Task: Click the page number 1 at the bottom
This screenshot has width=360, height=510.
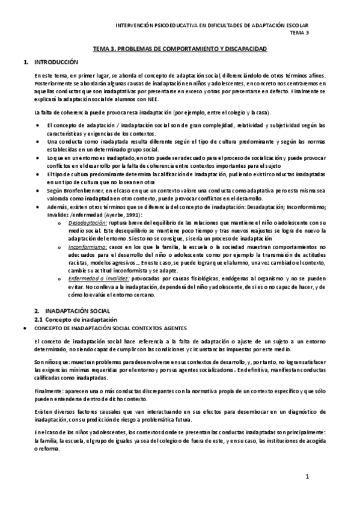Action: click(x=307, y=477)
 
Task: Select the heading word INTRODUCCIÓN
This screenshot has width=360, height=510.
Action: click(x=57, y=62)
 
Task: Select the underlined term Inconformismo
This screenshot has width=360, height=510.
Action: click(x=87, y=247)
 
